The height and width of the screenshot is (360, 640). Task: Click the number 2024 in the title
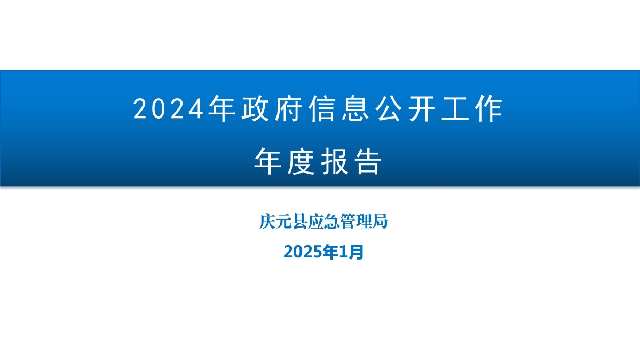click(x=169, y=109)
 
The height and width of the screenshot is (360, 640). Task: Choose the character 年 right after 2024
click(x=222, y=109)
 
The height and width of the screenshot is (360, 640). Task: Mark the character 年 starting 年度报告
click(x=267, y=162)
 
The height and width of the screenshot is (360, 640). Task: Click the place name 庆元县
click(x=279, y=221)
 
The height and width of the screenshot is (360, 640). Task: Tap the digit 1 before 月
click(x=344, y=251)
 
